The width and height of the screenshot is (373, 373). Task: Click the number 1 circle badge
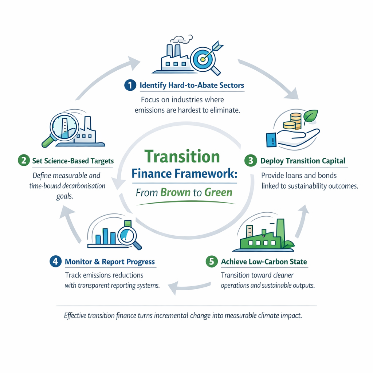pos(130,85)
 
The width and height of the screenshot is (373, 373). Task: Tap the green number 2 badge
pos(23,160)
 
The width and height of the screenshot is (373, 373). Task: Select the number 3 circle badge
pos(251,161)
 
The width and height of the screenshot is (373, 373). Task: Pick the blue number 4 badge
pos(55,262)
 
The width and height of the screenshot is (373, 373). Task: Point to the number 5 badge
pos(211,262)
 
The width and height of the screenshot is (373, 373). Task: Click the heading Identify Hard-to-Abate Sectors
pos(192,85)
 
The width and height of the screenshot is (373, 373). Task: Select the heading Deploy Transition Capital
pos(303,161)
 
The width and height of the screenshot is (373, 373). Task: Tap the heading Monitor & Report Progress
pos(110,262)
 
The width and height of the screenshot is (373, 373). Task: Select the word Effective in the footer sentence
pos(75,315)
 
